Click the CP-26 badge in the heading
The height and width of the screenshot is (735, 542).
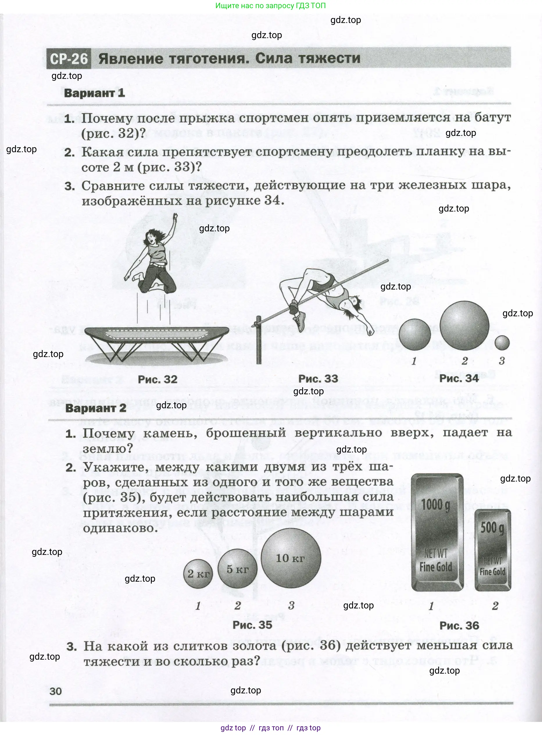(69, 59)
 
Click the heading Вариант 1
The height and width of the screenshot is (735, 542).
(94, 93)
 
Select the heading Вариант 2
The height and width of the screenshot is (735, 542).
(96, 408)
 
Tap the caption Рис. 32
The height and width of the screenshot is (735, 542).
(158, 379)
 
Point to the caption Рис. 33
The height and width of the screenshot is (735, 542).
(318, 378)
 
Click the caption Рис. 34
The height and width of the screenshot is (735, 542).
(459, 378)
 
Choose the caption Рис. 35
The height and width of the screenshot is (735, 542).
(252, 625)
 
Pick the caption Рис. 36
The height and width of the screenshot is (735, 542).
(459, 625)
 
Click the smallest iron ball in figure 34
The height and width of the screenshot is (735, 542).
(502, 343)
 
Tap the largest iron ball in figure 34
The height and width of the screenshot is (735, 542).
(464, 326)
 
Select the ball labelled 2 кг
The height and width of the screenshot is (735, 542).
(198, 574)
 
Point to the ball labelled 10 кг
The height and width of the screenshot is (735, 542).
(291, 558)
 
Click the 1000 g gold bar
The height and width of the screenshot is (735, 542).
(437, 532)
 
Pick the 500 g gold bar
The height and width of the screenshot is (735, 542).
(493, 550)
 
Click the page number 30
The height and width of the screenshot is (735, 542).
(56, 691)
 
